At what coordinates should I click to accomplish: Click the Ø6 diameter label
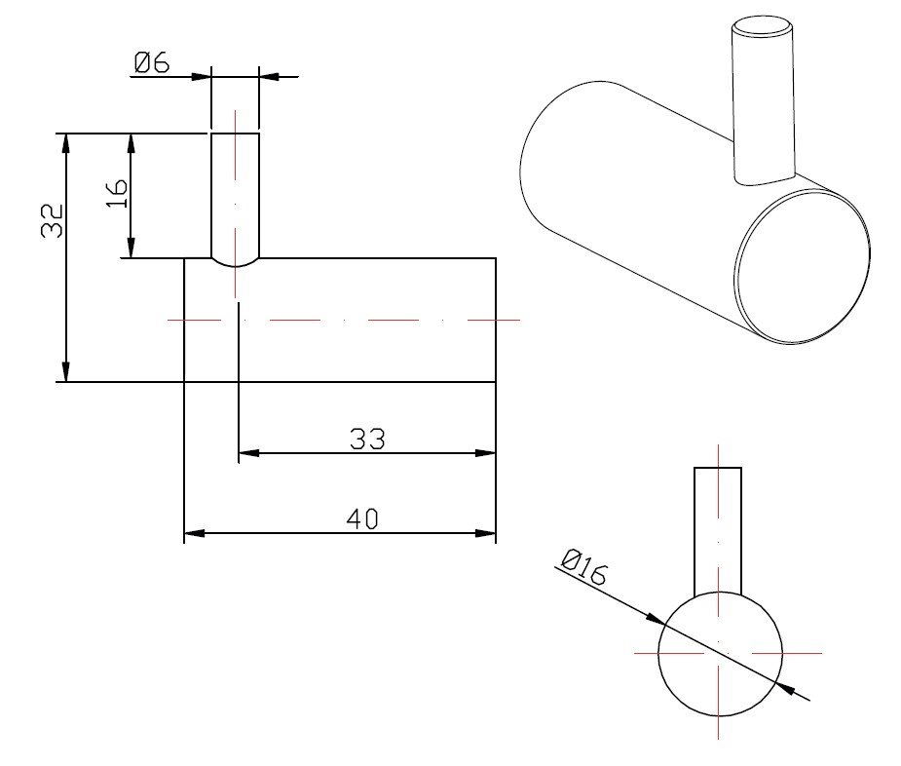coord(152,62)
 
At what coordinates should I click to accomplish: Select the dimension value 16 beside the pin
coord(117,193)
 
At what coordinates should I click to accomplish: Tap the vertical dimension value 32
coord(53,220)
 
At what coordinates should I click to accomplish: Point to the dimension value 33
coord(367,439)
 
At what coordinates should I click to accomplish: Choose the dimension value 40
coord(362,518)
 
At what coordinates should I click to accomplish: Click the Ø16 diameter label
coord(583,567)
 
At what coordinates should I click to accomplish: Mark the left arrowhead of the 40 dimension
coord(194,533)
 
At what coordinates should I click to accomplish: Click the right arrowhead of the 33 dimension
coord(485,453)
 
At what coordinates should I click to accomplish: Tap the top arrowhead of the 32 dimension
coord(66,143)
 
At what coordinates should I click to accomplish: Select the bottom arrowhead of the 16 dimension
coord(131,249)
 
